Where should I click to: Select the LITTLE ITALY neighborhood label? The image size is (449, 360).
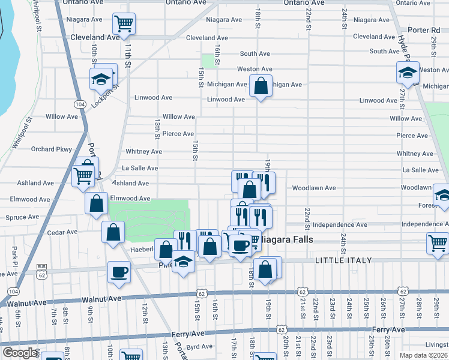click(343, 260)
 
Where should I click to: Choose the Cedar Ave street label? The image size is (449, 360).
click(63, 232)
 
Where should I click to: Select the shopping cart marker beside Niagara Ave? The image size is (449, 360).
click(124, 24)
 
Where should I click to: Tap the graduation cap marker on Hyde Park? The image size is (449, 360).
click(408, 73)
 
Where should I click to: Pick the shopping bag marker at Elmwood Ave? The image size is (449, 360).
click(96, 203)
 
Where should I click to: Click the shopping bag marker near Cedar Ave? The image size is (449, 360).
click(113, 231)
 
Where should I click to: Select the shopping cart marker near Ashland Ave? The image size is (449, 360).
click(83, 175)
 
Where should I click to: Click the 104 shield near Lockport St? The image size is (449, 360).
click(79, 104)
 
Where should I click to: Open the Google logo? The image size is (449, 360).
click(20, 353)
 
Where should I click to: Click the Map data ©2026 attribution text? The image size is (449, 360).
click(424, 355)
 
